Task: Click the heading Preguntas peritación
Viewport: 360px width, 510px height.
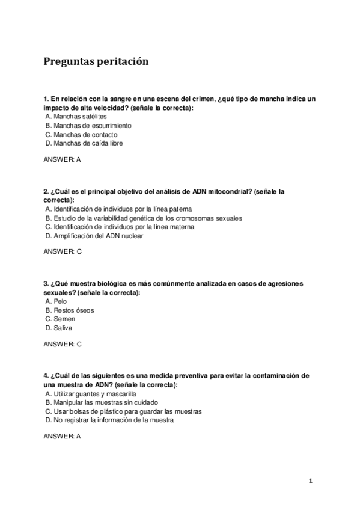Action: coord(96,61)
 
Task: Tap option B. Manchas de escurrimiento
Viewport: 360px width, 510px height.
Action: coord(88,126)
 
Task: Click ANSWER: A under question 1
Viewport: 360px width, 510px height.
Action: coord(63,159)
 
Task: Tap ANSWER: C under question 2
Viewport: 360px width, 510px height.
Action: coord(63,251)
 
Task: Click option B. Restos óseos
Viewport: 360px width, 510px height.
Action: coord(69,310)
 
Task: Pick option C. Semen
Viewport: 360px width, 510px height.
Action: coord(60,319)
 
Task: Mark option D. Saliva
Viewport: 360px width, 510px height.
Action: coord(59,328)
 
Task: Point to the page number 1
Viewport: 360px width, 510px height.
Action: coord(311,481)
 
